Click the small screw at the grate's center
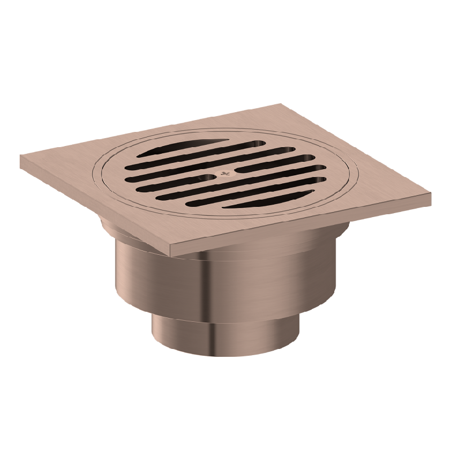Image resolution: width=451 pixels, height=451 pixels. click(x=225, y=173)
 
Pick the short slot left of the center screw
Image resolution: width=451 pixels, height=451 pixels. click(x=169, y=180)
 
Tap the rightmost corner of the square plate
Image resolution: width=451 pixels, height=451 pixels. click(x=431, y=194)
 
